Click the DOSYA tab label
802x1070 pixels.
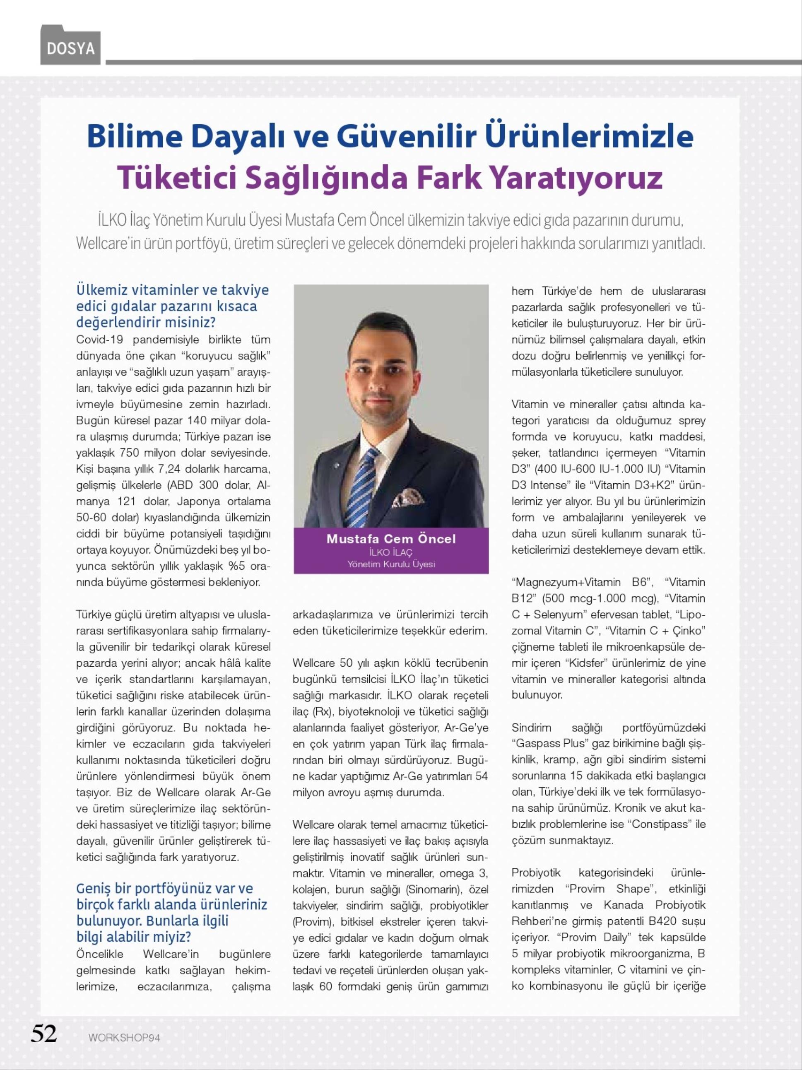[71, 48]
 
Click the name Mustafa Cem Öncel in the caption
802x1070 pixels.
[391, 539]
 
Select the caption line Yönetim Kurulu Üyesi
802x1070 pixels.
[391, 564]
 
